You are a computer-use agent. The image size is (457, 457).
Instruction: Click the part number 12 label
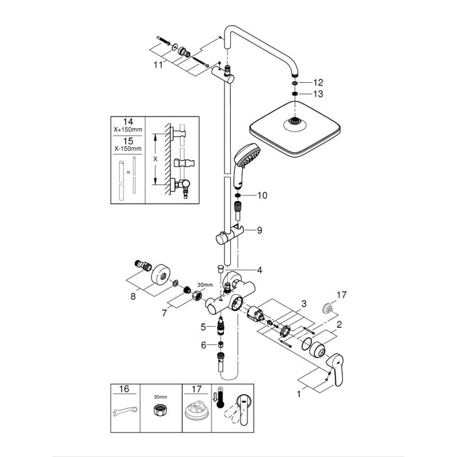point(318,83)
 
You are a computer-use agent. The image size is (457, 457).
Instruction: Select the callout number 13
point(318,94)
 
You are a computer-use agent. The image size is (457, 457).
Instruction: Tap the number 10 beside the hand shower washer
point(262,195)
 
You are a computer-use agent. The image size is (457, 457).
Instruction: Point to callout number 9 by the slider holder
point(259,230)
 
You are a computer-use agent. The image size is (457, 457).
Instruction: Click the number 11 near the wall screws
point(158,65)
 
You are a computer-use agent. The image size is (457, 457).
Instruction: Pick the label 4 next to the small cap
point(259,270)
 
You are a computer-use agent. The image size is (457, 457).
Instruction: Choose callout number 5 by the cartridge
point(203,327)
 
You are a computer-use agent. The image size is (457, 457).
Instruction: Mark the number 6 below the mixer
point(203,345)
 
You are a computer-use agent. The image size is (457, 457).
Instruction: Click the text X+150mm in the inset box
point(128,130)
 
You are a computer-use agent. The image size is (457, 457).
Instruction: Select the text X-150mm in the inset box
point(128,149)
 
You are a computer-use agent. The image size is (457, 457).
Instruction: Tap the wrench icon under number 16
point(125,411)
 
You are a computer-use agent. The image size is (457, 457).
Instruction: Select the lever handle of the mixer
point(335,368)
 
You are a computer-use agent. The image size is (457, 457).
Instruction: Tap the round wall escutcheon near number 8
point(161,274)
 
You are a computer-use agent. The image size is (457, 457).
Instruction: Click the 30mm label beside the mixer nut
point(205,284)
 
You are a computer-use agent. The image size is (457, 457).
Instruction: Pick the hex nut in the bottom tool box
point(160,410)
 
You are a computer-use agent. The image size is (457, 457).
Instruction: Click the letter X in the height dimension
point(155,159)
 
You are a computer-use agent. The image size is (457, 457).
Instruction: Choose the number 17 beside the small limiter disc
point(342,295)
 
